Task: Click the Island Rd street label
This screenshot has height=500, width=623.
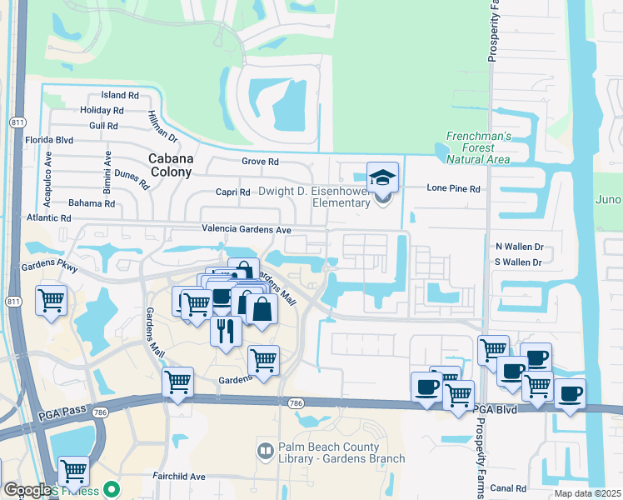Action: [x=119, y=96]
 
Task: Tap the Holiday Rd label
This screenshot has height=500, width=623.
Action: [x=102, y=110]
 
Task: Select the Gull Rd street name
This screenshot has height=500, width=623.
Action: [x=102, y=126]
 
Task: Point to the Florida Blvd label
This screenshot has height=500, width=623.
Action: [x=49, y=141]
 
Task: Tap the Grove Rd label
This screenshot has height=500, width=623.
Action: [x=260, y=162]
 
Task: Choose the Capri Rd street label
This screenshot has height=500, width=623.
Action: [x=233, y=192]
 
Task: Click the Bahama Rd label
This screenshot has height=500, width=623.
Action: [x=92, y=203]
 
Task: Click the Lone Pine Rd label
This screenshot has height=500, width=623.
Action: [x=454, y=189]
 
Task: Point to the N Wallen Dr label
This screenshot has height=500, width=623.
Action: [x=519, y=247]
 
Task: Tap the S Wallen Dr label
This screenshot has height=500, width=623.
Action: [x=518, y=262]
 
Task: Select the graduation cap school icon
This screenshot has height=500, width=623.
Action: [x=382, y=177]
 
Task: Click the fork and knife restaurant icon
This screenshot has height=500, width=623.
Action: [x=226, y=330]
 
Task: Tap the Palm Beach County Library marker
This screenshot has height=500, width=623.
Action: [x=265, y=452]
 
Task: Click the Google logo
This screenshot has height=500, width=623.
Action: [x=27, y=491]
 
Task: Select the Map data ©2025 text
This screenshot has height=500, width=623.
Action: [x=586, y=493]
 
